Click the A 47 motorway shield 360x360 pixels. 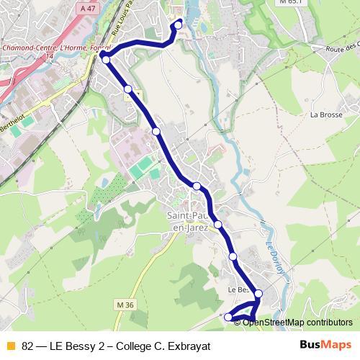(x=88, y=9)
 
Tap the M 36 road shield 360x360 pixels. (x=125, y=305)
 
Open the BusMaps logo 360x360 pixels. (x=325, y=345)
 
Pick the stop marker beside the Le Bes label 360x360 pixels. (x=258, y=294)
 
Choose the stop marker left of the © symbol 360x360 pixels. (x=229, y=317)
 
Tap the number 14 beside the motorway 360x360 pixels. (x=50, y=55)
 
